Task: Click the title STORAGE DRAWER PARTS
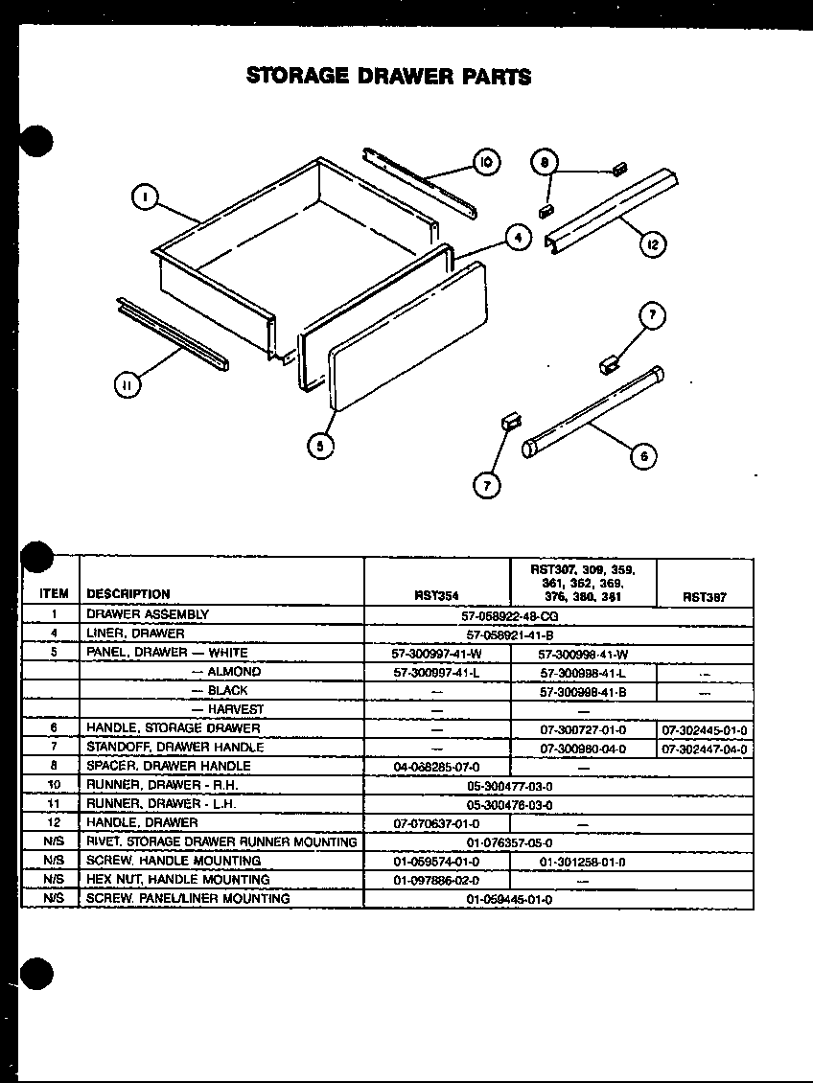388,76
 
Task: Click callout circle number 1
144,197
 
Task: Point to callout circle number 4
518,236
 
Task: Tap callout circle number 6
643,455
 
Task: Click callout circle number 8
544,163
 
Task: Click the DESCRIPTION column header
128,594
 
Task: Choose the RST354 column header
435,595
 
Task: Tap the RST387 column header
704,595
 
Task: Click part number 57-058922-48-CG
509,614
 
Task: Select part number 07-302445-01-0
704,728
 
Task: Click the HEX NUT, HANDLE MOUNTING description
178,880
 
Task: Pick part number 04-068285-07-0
436,767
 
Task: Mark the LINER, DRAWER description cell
135,634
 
